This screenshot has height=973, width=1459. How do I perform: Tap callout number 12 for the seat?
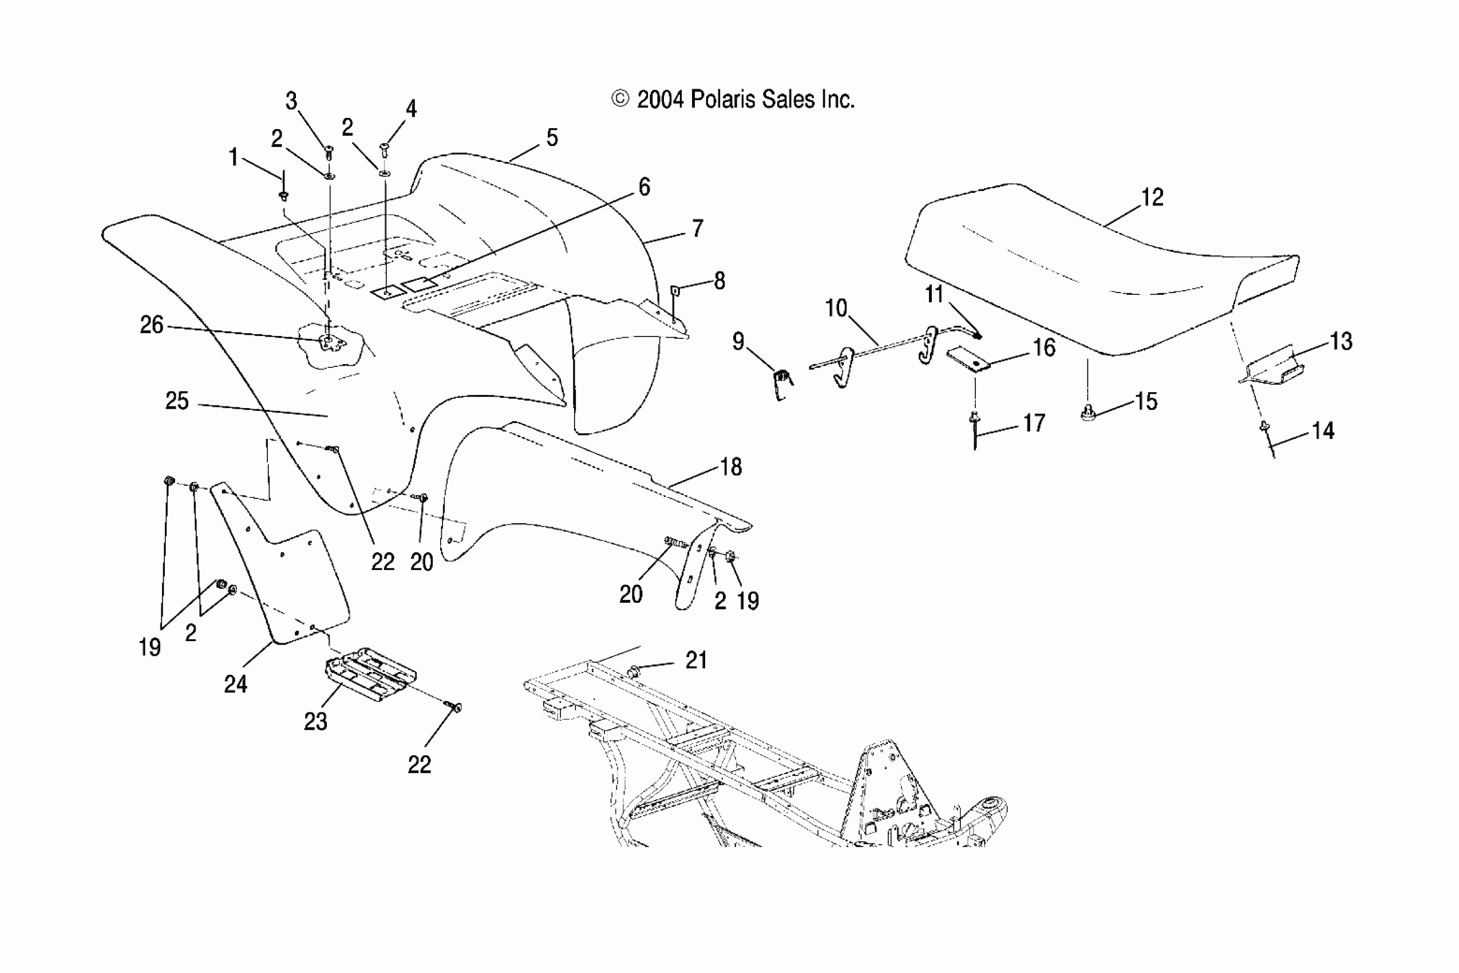(x=1152, y=197)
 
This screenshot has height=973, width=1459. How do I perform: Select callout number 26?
(x=152, y=325)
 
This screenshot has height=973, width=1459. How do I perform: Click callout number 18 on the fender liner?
(x=731, y=466)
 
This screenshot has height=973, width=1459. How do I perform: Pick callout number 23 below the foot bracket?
(x=315, y=721)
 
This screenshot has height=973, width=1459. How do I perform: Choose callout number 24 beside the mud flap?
(x=235, y=684)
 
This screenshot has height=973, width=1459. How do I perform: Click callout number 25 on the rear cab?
(x=177, y=401)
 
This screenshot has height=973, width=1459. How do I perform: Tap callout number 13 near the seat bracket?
(x=1341, y=341)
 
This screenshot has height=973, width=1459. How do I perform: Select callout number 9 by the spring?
(x=738, y=341)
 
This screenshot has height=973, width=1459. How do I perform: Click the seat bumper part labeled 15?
(x=1088, y=413)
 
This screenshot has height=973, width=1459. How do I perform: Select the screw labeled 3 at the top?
(x=329, y=152)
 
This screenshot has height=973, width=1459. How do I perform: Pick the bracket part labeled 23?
(x=370, y=675)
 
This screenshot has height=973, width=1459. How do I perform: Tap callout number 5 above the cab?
(x=552, y=138)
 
